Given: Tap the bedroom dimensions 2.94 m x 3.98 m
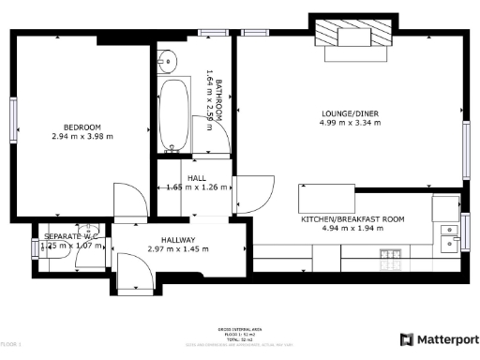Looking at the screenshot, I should point(82,137).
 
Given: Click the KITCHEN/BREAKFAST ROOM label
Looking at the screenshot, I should point(352,218).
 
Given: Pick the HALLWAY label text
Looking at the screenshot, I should point(177,239).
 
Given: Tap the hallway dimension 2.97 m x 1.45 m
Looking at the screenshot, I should point(177,249).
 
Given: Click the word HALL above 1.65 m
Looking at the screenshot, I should point(196,177).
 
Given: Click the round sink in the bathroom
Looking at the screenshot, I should point(170,61).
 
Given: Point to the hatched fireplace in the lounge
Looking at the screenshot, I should point(352,37).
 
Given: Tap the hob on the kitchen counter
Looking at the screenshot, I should point(392,254).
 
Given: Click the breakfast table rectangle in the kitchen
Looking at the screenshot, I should point(327,199).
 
